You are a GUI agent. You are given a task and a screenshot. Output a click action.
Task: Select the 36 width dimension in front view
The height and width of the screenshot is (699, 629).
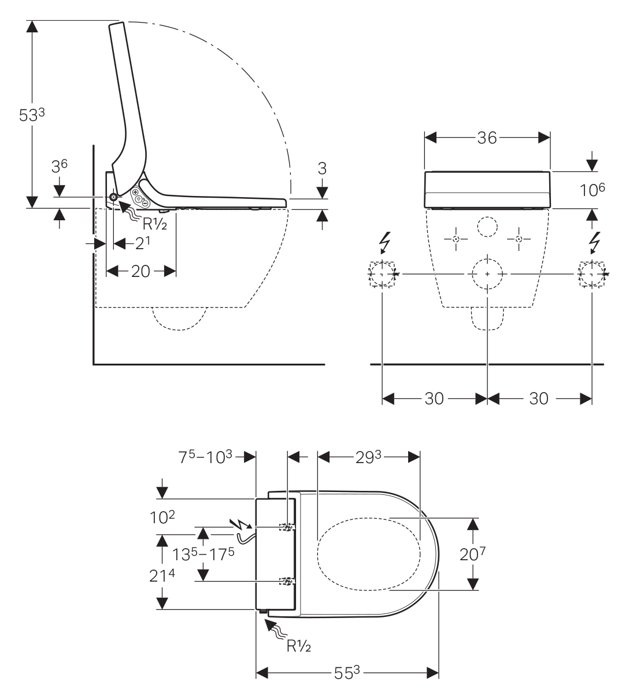click(x=487, y=138)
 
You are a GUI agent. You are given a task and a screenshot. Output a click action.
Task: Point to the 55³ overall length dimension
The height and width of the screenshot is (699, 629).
click(x=346, y=674)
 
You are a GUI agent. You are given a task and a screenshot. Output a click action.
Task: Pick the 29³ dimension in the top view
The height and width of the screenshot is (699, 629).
click(x=369, y=456)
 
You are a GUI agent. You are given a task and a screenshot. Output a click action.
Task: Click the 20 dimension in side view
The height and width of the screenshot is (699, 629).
click(x=140, y=271)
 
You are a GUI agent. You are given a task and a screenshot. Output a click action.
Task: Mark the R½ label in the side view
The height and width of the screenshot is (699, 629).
click(x=155, y=224)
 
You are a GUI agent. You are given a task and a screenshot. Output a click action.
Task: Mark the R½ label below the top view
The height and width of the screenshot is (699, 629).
click(x=299, y=646)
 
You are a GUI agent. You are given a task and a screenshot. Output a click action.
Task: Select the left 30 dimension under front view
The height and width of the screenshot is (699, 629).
click(x=434, y=399)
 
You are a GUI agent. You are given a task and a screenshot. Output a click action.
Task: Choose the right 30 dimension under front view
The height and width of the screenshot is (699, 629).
click(x=539, y=399)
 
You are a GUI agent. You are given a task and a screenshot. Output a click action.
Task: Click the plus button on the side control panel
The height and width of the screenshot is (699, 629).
click(x=136, y=192)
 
